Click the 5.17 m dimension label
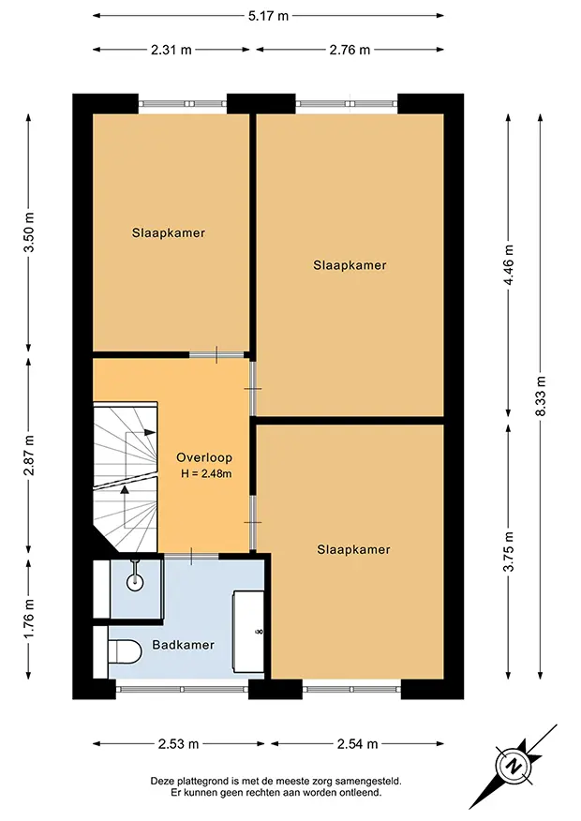(268, 16)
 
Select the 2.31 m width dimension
(171, 50)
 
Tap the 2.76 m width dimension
(350, 50)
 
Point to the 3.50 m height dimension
(29, 231)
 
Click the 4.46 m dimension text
(508, 264)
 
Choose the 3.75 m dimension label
(508, 551)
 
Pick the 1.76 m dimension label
(29, 619)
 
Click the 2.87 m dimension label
(29, 455)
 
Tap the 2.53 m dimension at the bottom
(178, 743)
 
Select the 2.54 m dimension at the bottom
(357, 743)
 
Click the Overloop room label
(204, 457)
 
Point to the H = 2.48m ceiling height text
(206, 474)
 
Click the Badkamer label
(184, 645)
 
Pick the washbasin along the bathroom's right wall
(248, 632)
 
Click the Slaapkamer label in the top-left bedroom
(169, 233)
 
